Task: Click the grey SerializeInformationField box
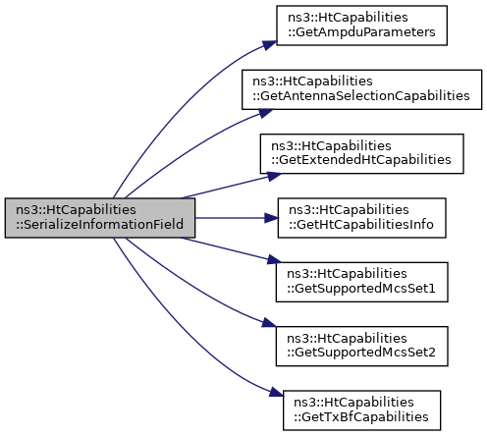coord(100,218)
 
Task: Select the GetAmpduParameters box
coord(361,26)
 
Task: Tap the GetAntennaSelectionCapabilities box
coord(361,89)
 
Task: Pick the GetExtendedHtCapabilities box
coord(361,153)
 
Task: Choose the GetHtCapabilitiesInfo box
coord(361,218)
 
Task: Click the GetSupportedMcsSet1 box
coord(361,282)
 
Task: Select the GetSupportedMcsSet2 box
coord(361,346)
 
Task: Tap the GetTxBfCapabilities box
coord(361,410)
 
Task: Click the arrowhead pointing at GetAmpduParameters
coord(270,45)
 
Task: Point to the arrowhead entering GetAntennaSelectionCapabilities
coord(266,113)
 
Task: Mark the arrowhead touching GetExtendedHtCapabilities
coord(274,176)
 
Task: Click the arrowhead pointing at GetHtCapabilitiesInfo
coord(271,218)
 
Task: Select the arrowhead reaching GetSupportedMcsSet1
coord(274,259)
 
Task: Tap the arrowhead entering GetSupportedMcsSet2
coord(269,323)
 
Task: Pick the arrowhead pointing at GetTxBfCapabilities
coord(276,392)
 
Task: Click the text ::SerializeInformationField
coord(100,225)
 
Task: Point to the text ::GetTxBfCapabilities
coord(361,417)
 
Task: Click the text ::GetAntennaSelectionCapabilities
coord(361,96)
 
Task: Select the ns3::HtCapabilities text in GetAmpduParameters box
coord(348,18)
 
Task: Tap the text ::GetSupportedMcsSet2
coord(361,353)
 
